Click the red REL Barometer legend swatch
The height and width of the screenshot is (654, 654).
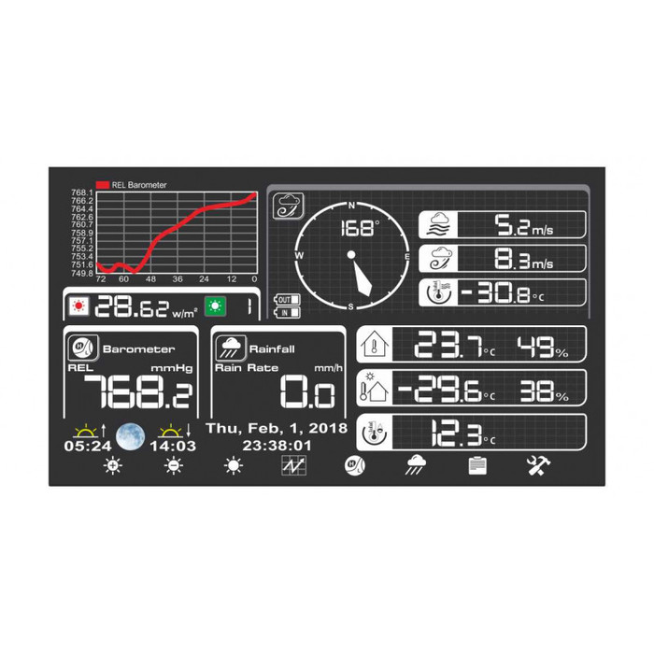tap(103, 185)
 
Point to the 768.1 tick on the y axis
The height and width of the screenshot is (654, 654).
tap(82, 192)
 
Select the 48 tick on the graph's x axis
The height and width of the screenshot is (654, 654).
tap(150, 279)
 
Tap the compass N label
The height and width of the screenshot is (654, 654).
tap(351, 206)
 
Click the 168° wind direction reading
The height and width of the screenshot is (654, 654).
tap(361, 228)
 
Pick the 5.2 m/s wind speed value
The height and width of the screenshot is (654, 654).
tap(524, 225)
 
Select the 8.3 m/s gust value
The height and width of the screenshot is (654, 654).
tap(524, 259)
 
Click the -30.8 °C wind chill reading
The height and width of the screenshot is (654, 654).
tap(503, 292)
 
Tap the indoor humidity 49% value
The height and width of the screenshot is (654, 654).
tap(543, 347)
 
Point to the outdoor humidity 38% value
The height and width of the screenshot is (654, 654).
tap(545, 391)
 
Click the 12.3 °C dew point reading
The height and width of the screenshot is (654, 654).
tap(463, 434)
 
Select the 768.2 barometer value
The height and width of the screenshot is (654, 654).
tap(138, 391)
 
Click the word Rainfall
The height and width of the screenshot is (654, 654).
tap(272, 349)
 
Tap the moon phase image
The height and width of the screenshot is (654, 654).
tap(131, 436)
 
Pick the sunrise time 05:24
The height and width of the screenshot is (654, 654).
tap(88, 446)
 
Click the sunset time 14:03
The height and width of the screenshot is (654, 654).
tap(173, 446)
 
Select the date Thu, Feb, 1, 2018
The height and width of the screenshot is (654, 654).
tap(277, 428)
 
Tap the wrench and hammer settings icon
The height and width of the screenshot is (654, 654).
tap(538, 465)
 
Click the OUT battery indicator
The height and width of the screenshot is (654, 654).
tap(287, 300)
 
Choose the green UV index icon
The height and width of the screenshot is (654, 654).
tap(215, 306)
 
